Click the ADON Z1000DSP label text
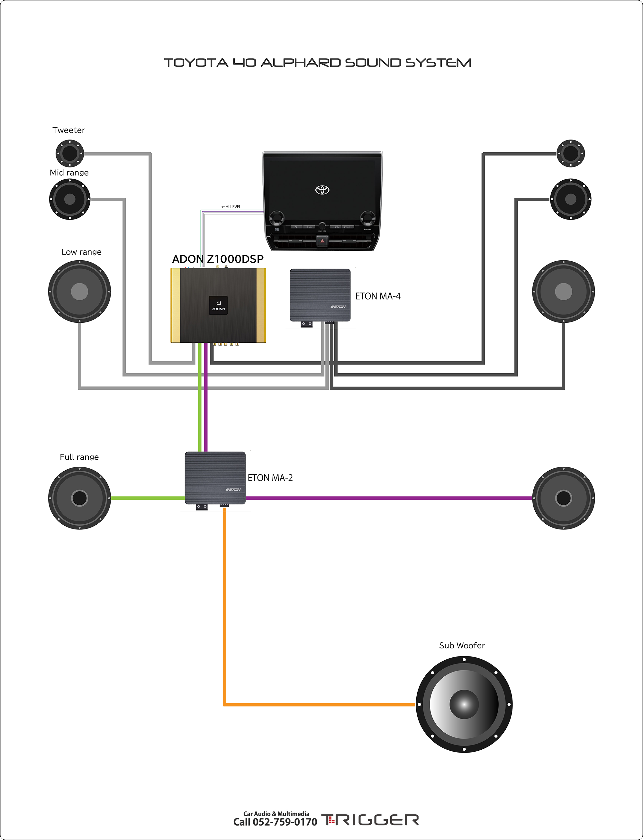click(218, 259)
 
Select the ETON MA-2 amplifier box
click(215, 478)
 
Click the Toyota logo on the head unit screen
click(322, 190)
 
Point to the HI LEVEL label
click(231, 207)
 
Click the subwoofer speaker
click(464, 704)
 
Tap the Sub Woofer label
click(462, 646)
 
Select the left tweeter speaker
click(70, 153)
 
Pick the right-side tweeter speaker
click(570, 153)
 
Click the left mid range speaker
click(70, 199)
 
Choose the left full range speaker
click(80, 498)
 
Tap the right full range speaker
click(563, 498)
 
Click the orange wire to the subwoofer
click(225, 612)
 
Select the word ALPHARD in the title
click(301, 63)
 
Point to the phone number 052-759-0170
click(285, 822)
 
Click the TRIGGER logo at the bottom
click(370, 820)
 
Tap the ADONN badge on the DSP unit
click(218, 305)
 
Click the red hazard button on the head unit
click(322, 241)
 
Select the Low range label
click(82, 252)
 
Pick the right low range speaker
click(563, 292)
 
